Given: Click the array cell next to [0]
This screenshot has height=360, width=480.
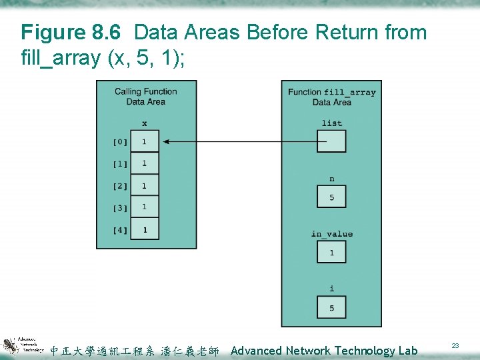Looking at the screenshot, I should pos(145,142).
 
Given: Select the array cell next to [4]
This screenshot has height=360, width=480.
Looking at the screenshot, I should pos(145,230).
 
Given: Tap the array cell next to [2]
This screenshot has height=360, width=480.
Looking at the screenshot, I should pos(145,186).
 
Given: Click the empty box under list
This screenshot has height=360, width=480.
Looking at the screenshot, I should pos(331,141).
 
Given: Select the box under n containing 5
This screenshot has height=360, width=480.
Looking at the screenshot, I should pos(331,197).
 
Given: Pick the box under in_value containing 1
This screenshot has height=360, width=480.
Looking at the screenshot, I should pos(331,253).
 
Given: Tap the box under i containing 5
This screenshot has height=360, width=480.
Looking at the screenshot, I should pos(331,308).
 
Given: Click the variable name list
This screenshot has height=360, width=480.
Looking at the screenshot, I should pos(331,123).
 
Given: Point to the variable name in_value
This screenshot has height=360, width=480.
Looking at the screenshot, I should pos(331,234).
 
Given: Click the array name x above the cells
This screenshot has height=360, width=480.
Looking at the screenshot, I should pos(145,123).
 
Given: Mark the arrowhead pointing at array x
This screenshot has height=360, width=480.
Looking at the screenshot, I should pos(165,141).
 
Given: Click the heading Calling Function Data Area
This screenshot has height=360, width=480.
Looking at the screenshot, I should pos(145,97).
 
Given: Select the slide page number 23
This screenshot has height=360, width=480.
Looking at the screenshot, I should pos(455,345).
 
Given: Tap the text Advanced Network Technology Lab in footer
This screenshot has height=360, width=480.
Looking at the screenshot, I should pos(324,351).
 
